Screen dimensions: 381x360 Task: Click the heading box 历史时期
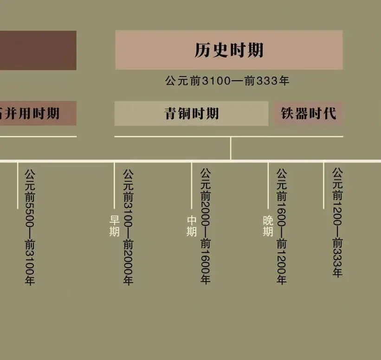point(229,50)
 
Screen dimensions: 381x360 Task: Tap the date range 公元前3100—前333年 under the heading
point(227,81)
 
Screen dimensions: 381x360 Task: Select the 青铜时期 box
point(191,114)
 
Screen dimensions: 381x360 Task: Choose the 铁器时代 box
point(308,114)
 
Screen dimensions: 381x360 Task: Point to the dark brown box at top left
point(37,50)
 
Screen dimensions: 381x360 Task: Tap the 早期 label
point(114,225)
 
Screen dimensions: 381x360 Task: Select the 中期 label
point(192,225)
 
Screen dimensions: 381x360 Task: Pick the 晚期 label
point(268,225)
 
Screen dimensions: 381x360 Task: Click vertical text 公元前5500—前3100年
point(30,227)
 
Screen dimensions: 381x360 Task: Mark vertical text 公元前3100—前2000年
point(128,227)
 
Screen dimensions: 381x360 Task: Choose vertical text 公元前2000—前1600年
point(205,226)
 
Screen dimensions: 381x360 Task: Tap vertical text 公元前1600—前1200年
point(282,226)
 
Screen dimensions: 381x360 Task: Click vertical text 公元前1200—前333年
point(337,223)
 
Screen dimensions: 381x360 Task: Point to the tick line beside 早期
point(114,186)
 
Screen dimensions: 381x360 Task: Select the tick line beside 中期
point(191,186)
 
